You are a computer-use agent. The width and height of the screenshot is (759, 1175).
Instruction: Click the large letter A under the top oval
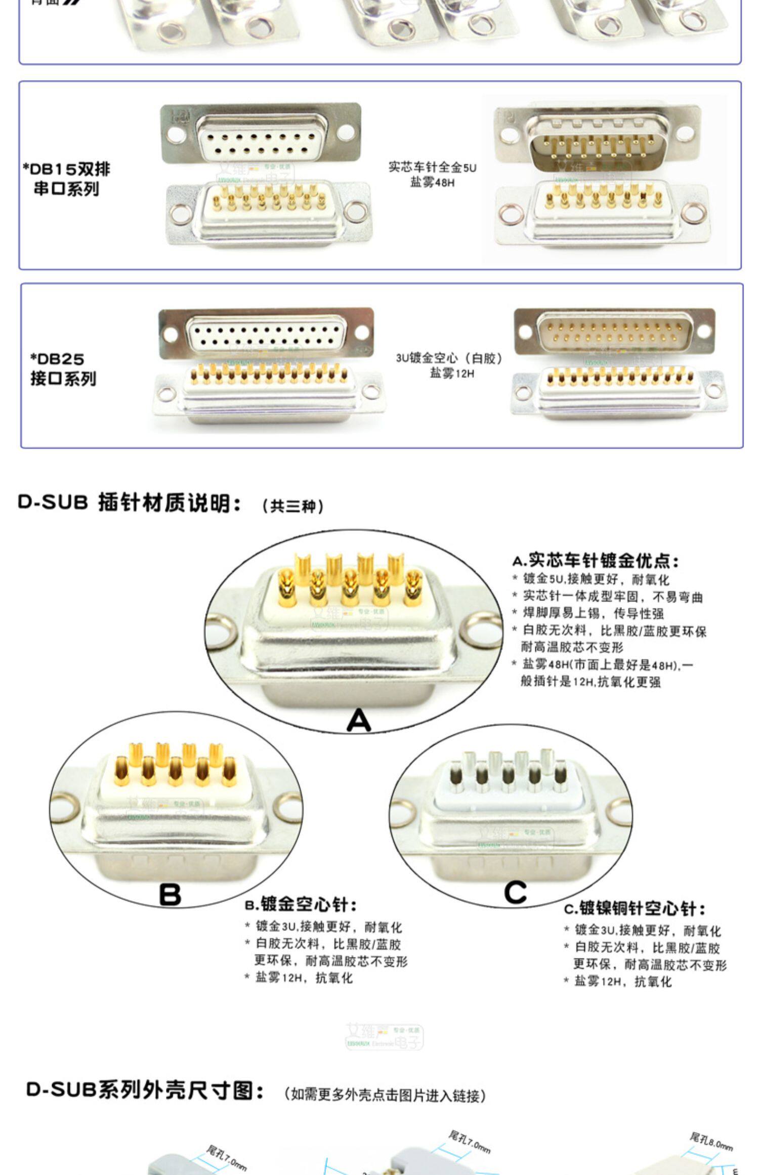coord(359,719)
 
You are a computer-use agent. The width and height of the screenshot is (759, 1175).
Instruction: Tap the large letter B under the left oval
coord(170,894)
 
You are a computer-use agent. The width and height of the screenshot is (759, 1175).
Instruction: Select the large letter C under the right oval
coord(515,893)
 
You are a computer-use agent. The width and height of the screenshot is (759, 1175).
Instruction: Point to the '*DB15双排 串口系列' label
coord(66,179)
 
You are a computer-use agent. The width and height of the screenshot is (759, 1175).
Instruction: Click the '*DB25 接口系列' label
coord(63,368)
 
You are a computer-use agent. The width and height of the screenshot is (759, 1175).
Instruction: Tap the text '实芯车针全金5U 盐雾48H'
coord(432,174)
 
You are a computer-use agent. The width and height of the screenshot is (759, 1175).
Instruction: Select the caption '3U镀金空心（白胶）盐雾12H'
coord(450,365)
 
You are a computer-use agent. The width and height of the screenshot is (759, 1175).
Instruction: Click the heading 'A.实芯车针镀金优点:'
coord(595,561)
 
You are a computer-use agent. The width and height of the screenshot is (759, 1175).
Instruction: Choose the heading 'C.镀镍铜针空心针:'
coord(635,908)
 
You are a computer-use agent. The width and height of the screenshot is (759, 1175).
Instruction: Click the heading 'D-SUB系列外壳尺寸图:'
coord(145,1090)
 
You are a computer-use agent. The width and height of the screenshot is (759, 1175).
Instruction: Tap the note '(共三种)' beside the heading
coord(292,506)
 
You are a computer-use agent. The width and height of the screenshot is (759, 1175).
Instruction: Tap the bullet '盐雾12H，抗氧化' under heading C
coord(622,981)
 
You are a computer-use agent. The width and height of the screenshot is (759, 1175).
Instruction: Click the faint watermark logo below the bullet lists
coord(384,1037)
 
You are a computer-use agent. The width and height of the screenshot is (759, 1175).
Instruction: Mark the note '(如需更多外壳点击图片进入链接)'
coord(384,1096)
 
